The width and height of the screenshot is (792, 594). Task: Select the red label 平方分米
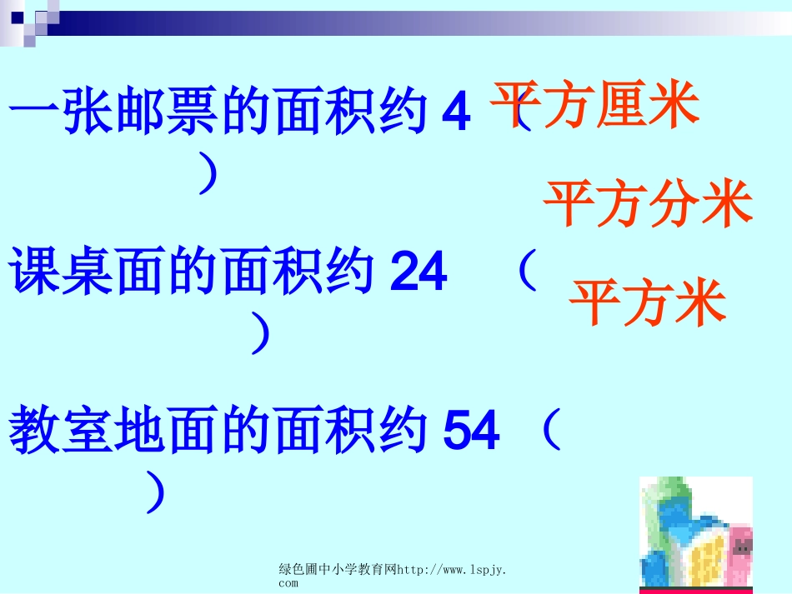tap(648, 204)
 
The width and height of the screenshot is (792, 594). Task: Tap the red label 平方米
tap(648, 302)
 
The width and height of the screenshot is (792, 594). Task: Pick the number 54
tap(472, 431)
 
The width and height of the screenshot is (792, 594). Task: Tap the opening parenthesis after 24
tap(525, 270)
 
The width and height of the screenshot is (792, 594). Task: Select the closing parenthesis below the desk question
tap(262, 333)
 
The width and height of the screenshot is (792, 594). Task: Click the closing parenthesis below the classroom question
tap(153, 492)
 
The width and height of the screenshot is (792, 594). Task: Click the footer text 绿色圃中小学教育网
tap(338, 570)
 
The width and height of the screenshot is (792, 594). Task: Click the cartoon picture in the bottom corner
tap(695, 533)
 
